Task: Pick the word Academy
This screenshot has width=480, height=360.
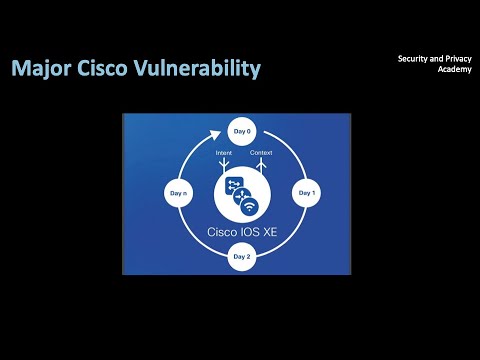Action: (x=441, y=71)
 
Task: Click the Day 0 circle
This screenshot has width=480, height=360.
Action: (x=242, y=132)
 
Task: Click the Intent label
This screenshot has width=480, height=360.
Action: (x=224, y=153)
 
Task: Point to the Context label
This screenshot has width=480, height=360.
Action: (x=261, y=153)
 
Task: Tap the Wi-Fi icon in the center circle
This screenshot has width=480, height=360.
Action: (x=249, y=206)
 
